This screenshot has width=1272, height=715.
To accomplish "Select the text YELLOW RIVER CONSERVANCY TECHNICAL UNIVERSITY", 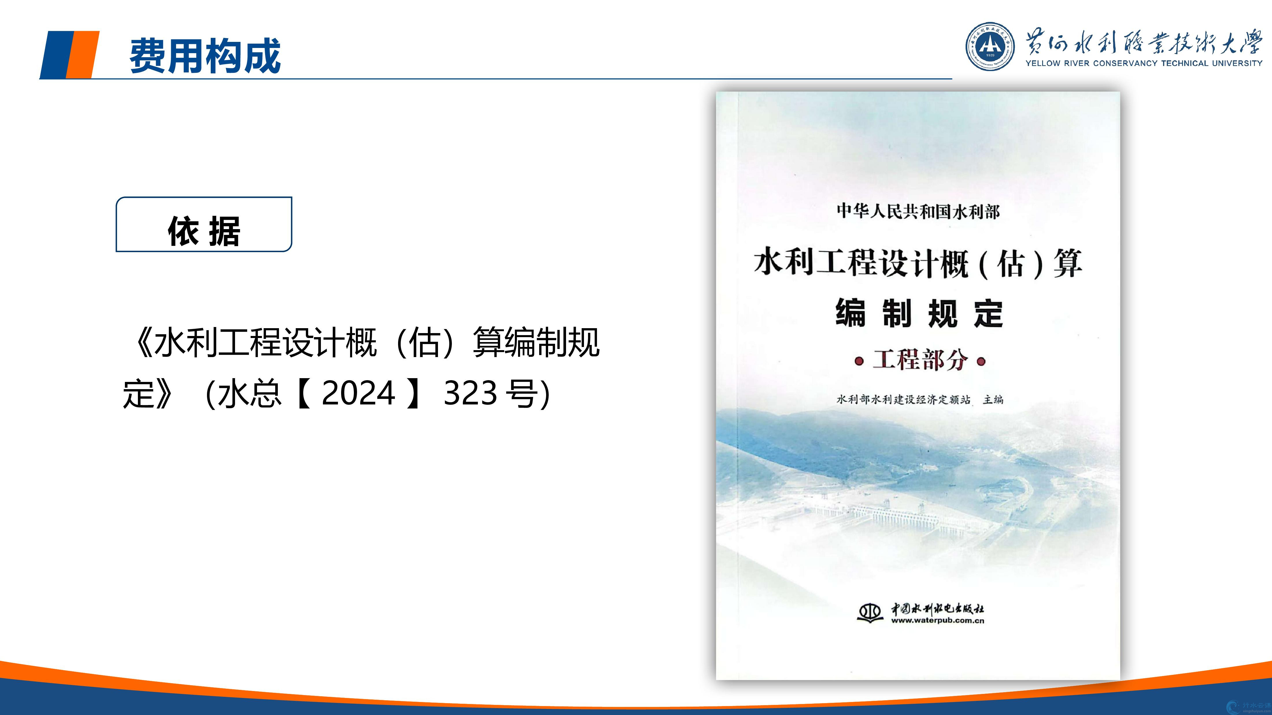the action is click(1144, 63).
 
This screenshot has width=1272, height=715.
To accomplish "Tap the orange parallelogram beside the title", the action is click(82, 54).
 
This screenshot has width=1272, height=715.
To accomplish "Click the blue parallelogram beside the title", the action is click(56, 54).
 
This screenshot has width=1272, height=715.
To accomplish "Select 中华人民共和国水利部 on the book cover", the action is click(918, 212).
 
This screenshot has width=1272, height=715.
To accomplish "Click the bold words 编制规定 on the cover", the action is click(919, 313).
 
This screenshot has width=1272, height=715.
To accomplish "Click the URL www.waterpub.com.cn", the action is click(937, 621).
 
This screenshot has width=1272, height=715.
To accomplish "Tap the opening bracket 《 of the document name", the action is click(143, 342).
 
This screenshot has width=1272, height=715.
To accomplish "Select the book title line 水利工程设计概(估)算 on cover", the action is click(918, 263).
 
